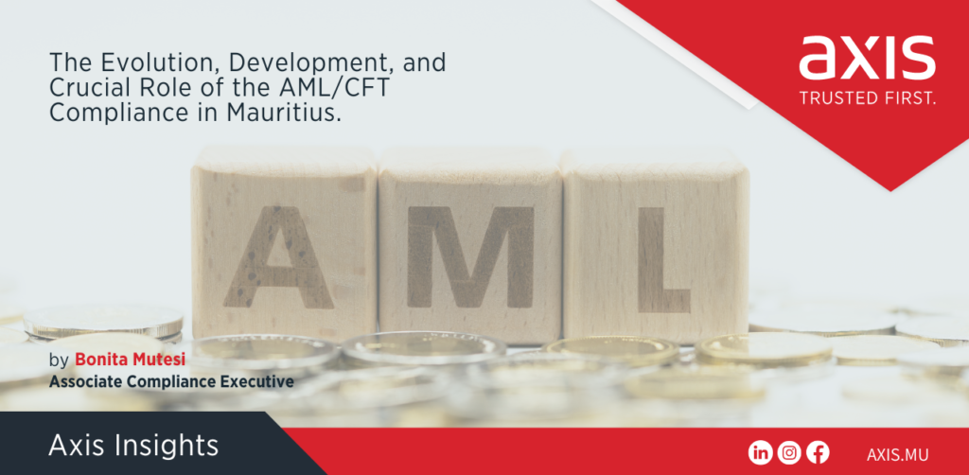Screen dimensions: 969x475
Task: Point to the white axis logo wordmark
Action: click(x=867, y=58)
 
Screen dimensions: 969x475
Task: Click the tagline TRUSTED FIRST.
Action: click(x=867, y=98)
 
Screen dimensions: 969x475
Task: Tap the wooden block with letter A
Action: click(x=284, y=243)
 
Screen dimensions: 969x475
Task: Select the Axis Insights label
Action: click(x=133, y=446)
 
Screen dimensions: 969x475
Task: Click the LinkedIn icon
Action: click(x=760, y=453)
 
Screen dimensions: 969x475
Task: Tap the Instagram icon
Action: click(x=789, y=453)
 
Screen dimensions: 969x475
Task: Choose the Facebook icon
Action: click(x=818, y=453)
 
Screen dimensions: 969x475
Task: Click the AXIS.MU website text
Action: click(x=897, y=454)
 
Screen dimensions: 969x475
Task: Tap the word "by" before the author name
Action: click(x=59, y=361)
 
